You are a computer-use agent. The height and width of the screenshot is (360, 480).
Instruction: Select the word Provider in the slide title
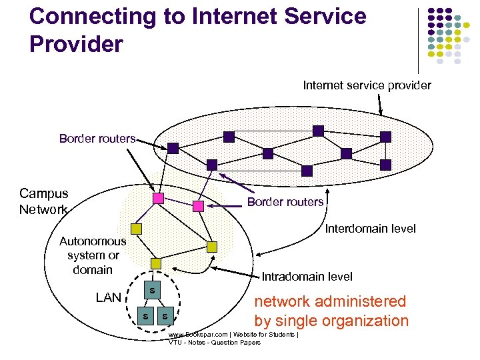pos(77,44)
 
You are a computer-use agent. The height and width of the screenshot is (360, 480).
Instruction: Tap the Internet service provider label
pos(367,85)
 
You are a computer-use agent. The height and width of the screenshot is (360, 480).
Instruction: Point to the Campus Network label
pos(44,201)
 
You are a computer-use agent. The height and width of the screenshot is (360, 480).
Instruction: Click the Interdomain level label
pos(370,229)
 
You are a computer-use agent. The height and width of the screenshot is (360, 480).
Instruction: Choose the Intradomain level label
pos(307,276)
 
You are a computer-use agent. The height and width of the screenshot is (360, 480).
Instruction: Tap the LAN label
pos(108,297)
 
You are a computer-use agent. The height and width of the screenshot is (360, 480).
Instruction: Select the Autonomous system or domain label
pos(93,255)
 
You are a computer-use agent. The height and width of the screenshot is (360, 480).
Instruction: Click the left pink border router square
pos(158,199)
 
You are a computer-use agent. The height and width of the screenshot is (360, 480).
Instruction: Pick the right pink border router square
pos(198,206)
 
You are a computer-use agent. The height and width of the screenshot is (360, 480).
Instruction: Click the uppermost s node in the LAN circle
pos(153,291)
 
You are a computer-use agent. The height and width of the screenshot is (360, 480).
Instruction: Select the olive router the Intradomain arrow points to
pos(212,247)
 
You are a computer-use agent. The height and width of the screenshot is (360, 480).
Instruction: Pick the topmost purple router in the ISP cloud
pos(318,131)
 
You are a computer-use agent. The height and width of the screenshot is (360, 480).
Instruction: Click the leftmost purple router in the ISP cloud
pos(173,149)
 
